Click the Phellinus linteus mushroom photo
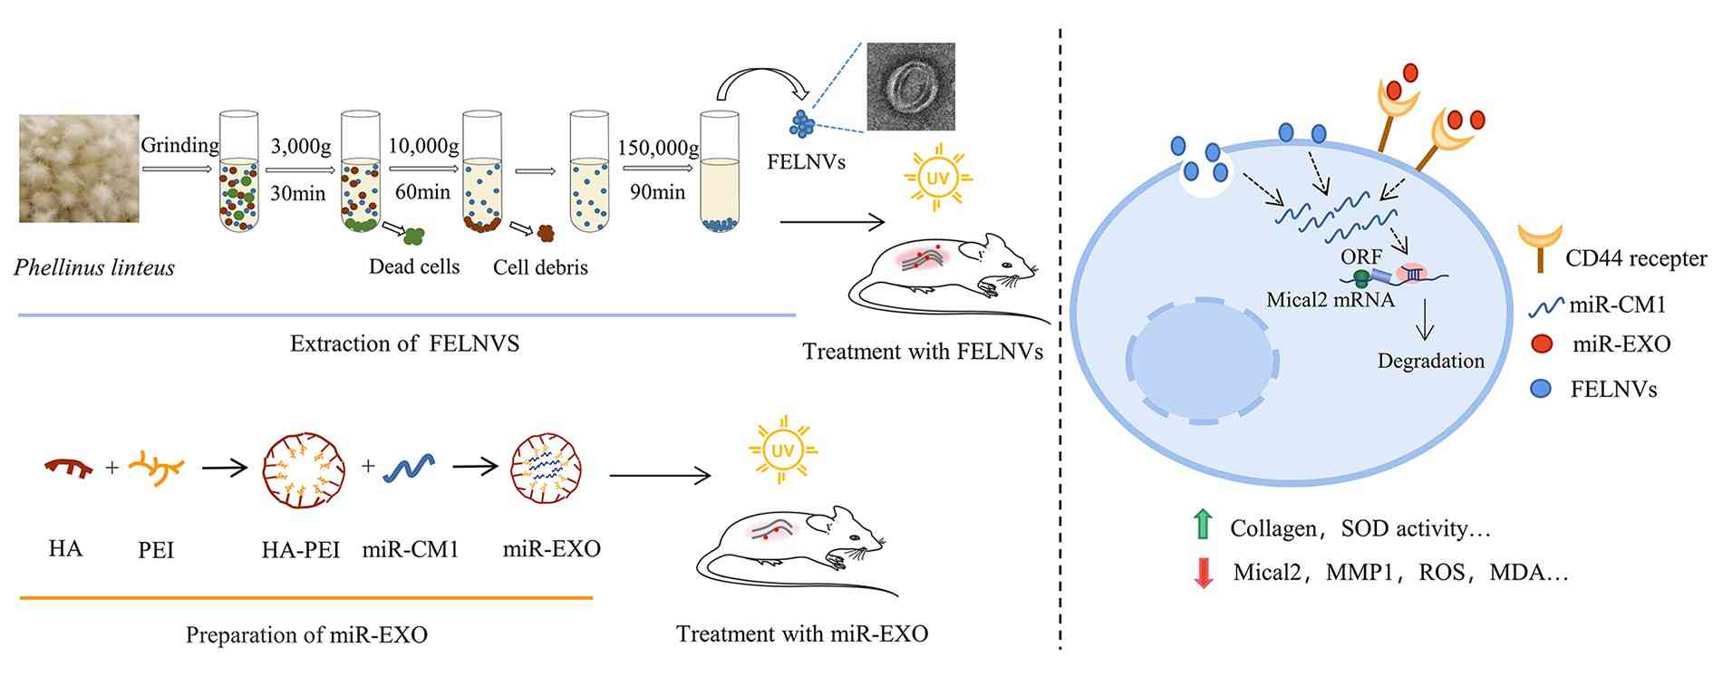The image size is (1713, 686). coord(79,168)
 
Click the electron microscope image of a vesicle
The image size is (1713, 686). coord(910,86)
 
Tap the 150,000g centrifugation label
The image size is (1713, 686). coord(659,147)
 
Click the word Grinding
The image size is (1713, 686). coord(179,145)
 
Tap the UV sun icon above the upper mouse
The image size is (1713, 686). coord(937,179)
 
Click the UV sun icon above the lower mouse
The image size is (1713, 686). coord(781,450)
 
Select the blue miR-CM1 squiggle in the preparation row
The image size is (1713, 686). coord(410,468)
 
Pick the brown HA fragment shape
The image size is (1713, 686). coord(68,467)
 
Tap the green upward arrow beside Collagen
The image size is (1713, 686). coord(1203,525)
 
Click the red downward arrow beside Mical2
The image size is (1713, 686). coord(1203,572)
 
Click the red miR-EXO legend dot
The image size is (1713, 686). coord(1541,344)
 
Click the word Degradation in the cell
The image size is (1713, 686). coord(1430,361)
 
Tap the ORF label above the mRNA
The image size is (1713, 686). coord(1360,257)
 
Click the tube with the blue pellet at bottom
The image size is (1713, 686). coord(720,172)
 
